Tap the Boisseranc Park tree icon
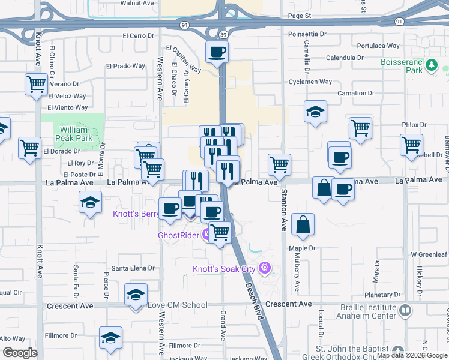click(x=431, y=65)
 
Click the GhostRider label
click(x=178, y=235)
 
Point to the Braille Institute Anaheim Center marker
click(x=405, y=310)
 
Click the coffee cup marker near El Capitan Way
click(x=217, y=52)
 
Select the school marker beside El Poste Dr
click(x=90, y=202)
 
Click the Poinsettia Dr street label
click(x=307, y=34)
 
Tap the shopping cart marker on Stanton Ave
click(x=279, y=164)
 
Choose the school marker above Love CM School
click(x=136, y=295)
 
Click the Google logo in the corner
click(x=20, y=353)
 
